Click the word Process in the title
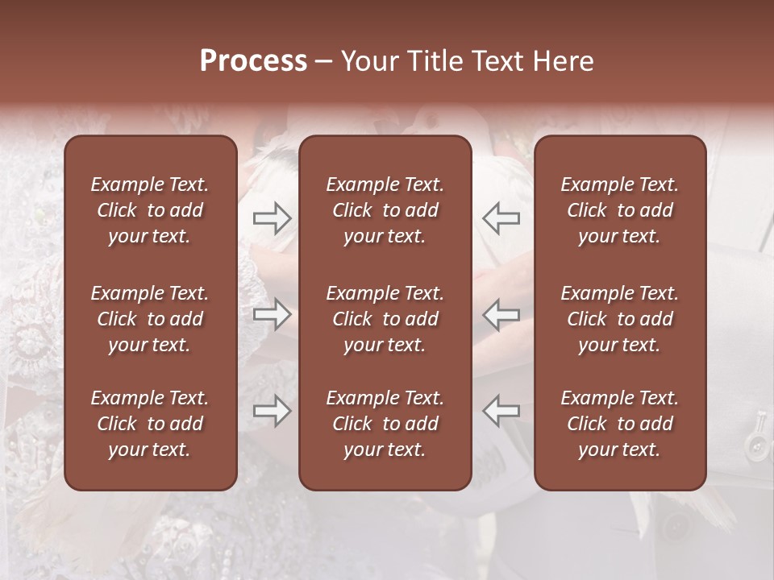pyautogui.click(x=253, y=61)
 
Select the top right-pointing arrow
pyautogui.click(x=272, y=218)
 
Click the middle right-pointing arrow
pyautogui.click(x=272, y=314)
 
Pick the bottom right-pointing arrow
pyautogui.click(x=272, y=411)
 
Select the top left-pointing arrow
pyautogui.click(x=501, y=218)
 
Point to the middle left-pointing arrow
pyautogui.click(x=501, y=314)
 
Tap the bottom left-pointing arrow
pyautogui.click(x=501, y=411)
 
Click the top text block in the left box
pyautogui.click(x=150, y=210)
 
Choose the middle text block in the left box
pyautogui.click(x=150, y=319)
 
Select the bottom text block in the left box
pyautogui.click(x=150, y=424)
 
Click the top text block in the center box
pyautogui.click(x=385, y=210)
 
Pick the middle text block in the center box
pyautogui.click(x=385, y=319)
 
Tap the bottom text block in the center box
pyautogui.click(x=385, y=424)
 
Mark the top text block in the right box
pyautogui.click(x=619, y=210)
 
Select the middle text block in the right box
pyautogui.click(x=619, y=319)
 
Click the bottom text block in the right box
pyautogui.click(x=619, y=424)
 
